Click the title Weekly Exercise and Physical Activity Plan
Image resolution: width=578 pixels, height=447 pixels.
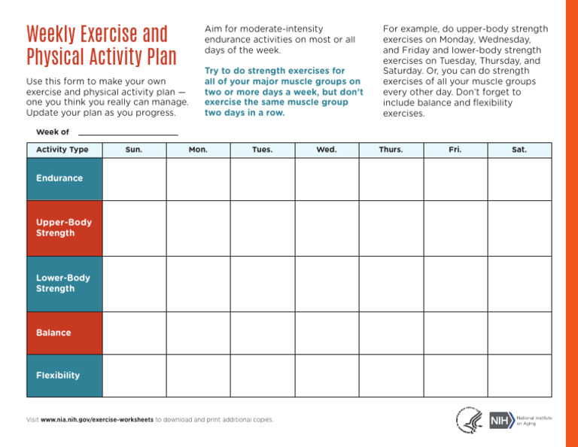[101, 46]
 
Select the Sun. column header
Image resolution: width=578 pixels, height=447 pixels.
[134, 150]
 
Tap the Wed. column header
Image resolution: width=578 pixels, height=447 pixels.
[327, 150]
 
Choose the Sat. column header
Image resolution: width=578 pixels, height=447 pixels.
[519, 150]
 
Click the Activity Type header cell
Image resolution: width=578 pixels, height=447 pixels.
[63, 150]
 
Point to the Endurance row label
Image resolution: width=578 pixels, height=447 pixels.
[64, 179]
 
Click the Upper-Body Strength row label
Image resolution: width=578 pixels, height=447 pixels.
[64, 228]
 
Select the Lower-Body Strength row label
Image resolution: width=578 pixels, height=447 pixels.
[64, 283]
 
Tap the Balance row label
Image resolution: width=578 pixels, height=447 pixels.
[64, 333]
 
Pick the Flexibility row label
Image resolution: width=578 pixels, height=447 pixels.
[64, 376]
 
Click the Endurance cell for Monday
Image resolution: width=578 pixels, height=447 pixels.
[198, 179]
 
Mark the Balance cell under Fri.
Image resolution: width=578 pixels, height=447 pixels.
[455, 333]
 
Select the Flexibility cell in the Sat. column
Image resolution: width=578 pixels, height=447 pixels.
[519, 376]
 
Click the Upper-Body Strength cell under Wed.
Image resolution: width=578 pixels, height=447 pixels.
[327, 228]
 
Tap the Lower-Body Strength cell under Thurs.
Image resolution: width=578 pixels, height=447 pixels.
[391, 283]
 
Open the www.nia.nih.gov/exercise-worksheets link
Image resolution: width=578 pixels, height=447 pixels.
[97, 419]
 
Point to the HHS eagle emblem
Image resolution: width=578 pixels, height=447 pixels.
[469, 420]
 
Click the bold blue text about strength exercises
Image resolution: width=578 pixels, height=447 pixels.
[283, 92]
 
